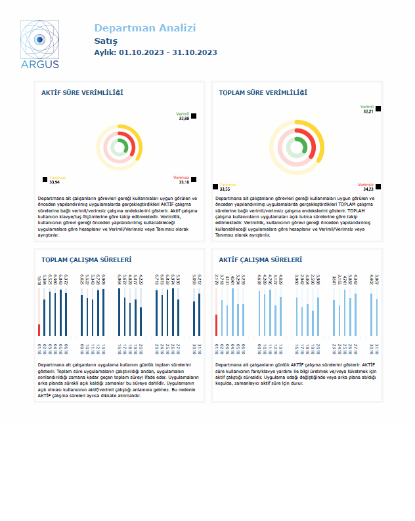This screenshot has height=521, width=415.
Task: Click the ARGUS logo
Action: [x=39, y=44]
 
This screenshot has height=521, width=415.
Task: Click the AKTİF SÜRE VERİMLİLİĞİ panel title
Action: [x=82, y=93]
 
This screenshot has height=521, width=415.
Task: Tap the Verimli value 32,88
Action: [x=184, y=119]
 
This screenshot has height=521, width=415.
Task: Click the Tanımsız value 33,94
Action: [x=55, y=182]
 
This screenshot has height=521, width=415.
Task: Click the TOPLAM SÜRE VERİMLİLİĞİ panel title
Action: [x=263, y=93]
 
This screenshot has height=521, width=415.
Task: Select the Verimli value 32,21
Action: [x=368, y=111]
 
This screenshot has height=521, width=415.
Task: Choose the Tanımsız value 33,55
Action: [x=225, y=189]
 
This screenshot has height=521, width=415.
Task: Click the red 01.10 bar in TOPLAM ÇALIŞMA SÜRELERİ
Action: [x=39, y=330]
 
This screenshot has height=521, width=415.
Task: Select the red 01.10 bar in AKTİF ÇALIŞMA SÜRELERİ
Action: [x=217, y=325]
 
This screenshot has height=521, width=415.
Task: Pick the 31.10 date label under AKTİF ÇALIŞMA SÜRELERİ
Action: [x=378, y=347]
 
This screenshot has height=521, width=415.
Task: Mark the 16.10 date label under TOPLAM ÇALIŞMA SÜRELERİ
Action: [x=119, y=347]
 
